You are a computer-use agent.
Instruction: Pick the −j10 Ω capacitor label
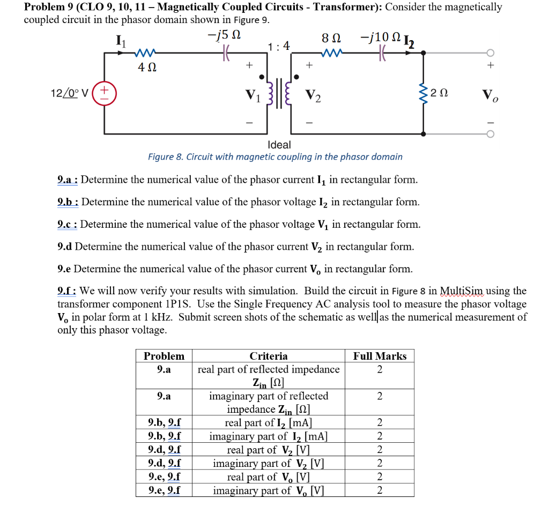pos(380,38)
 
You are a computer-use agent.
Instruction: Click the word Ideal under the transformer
pos(279,145)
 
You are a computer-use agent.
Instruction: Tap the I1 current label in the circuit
pos(121,40)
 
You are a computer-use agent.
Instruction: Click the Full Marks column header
pos(380,356)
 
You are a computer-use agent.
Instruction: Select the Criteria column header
pos(268,356)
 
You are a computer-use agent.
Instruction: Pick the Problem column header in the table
pos(164,356)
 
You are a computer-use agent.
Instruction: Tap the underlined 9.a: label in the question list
pos(68,180)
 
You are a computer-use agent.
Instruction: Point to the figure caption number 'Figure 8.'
pos(164,157)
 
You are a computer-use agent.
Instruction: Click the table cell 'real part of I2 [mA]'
pos(268,423)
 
